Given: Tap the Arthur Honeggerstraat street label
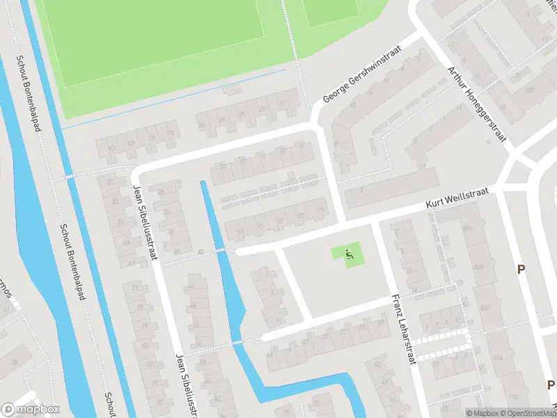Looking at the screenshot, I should (x=477, y=104).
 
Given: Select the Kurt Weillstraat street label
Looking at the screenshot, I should (x=459, y=199).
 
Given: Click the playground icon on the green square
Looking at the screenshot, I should (x=350, y=256).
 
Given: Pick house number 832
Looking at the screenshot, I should (x=485, y=307).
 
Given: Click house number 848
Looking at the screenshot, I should (x=478, y=268).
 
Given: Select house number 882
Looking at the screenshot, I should (x=530, y=89).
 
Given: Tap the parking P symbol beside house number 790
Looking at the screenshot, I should (x=550, y=385).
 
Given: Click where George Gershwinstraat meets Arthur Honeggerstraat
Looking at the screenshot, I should (x=420, y=33).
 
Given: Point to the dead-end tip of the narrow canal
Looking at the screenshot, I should (x=203, y=183).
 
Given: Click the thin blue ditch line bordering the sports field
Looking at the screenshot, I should (x=174, y=98).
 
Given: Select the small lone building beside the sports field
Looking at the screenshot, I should (x=232, y=89).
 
